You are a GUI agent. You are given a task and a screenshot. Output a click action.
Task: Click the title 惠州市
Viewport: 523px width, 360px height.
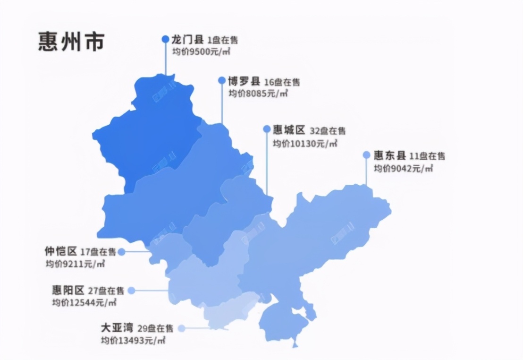pos(71,42)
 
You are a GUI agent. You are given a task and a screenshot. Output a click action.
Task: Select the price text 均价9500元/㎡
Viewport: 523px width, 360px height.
pos(201,52)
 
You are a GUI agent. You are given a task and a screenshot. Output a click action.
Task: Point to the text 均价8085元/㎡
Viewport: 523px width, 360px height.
pos(258,93)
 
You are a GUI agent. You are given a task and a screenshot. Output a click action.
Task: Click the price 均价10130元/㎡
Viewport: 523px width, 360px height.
pos(305,143)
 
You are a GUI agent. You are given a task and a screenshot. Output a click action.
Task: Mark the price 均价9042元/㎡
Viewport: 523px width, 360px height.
pos(404,168)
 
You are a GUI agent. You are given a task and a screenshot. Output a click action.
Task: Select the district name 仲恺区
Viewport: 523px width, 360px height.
pos(61,251)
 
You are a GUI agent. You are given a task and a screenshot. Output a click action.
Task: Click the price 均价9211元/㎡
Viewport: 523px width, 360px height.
pos(75,264)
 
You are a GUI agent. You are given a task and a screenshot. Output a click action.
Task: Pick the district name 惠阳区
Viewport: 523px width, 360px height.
pos(68,290)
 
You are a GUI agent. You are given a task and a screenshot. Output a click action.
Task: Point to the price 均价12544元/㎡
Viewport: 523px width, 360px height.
pos(84,303)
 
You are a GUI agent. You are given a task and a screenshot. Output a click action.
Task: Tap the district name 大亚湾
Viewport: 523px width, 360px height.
pos(117,328)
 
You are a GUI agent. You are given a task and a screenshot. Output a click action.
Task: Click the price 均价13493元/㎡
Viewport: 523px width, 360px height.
pos(133,340)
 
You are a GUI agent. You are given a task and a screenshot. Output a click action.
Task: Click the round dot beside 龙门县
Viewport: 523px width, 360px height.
pos(165,40)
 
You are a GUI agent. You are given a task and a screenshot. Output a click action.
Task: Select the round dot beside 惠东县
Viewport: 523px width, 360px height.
pos(366,155)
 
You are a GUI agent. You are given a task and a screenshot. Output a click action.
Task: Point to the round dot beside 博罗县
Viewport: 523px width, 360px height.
pos(222,80)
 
